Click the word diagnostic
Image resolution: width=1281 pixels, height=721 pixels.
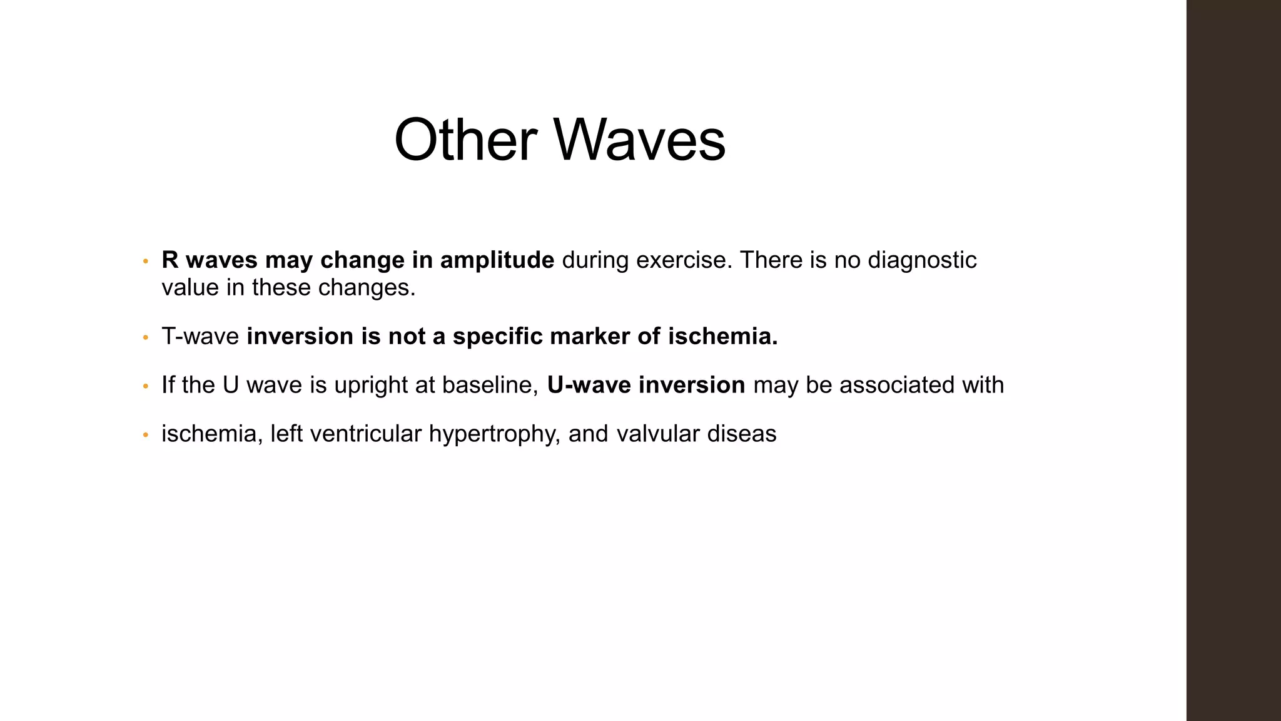pos(922,260)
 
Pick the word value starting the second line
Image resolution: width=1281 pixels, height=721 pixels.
pos(190,288)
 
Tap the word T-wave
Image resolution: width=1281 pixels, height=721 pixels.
pos(200,337)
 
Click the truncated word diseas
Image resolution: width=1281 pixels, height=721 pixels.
pos(741,434)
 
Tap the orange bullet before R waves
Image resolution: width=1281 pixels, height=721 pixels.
pos(145,261)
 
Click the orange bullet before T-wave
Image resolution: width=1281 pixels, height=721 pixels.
pos(145,338)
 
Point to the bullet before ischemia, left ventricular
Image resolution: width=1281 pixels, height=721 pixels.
pos(145,435)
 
